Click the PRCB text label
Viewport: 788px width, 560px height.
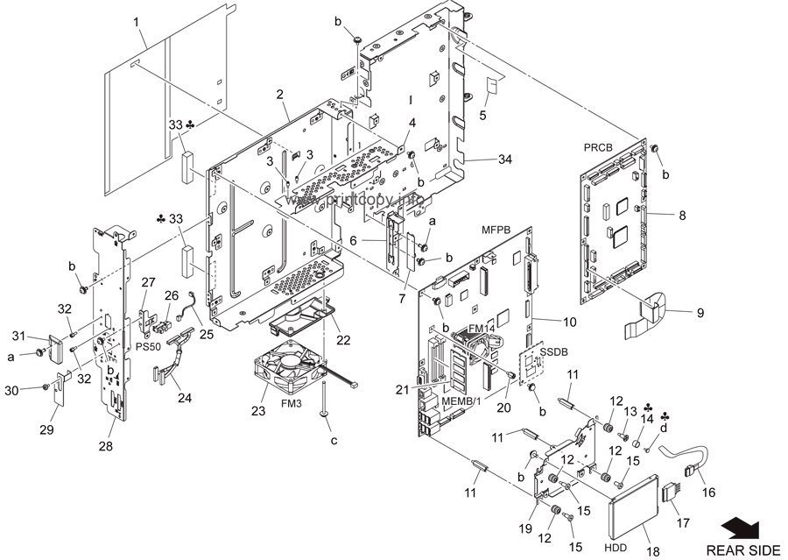(x=597, y=148)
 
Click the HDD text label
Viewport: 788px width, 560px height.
(x=615, y=549)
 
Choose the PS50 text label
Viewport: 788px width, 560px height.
(x=149, y=347)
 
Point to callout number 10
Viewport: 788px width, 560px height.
(x=569, y=322)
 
